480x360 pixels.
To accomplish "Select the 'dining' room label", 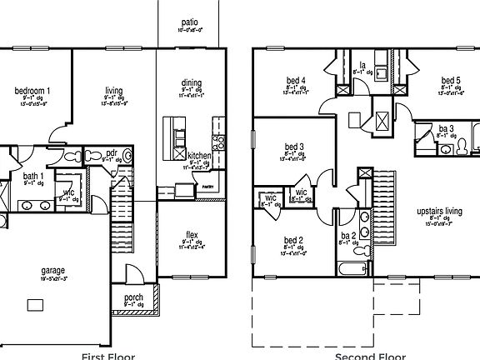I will pos(191,82).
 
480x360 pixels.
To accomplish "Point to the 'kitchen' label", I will pos(199,156).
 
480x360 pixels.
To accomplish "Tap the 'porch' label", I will pos(132,297).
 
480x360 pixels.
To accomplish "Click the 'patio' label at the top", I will pos(190,22).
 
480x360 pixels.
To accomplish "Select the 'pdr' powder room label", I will pos(112,153).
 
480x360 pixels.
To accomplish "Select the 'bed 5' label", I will pos(452,80).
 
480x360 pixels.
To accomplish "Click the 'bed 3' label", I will pos(294,147).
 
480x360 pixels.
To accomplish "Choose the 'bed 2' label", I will pos(294,240).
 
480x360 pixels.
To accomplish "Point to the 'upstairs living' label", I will pos(440,212).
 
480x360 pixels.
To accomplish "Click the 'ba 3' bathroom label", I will pos(446,129).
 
